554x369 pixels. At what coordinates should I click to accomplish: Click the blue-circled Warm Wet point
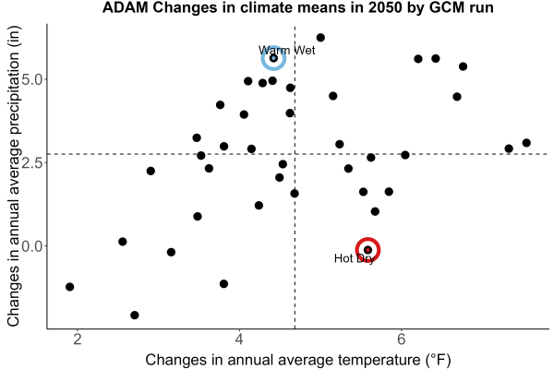(273, 58)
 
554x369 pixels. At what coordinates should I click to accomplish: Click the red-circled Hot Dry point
(367, 250)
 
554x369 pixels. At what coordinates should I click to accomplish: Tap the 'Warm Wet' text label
(286, 50)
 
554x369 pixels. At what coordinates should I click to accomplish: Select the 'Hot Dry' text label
(354, 258)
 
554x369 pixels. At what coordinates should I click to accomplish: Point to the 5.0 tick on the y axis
(34, 79)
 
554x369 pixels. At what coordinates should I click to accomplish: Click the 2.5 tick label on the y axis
(34, 162)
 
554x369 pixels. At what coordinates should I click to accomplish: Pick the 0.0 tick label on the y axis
(34, 246)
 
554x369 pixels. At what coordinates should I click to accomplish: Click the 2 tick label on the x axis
(78, 339)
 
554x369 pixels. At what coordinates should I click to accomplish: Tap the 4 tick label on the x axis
(239, 339)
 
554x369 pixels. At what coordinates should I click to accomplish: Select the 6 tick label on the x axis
(401, 339)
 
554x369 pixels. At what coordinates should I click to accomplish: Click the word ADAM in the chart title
(126, 7)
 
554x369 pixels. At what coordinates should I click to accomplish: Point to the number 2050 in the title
(385, 7)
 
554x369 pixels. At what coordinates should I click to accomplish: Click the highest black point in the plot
(320, 38)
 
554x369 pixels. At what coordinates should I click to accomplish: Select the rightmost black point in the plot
(526, 143)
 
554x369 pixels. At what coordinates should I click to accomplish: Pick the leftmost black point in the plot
(70, 287)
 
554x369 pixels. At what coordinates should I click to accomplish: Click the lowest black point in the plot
(135, 315)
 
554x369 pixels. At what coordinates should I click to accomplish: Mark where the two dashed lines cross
(295, 154)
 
